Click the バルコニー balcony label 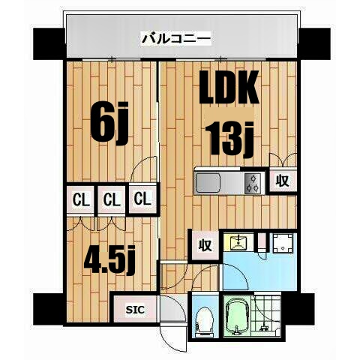click(177, 37)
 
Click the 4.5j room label click(108, 260)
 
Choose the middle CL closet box click(111, 199)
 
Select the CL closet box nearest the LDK click(142, 199)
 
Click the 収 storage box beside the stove click(282, 181)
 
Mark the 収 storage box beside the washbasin click(204, 244)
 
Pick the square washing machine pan click(283, 244)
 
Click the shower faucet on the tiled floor click(263, 327)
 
